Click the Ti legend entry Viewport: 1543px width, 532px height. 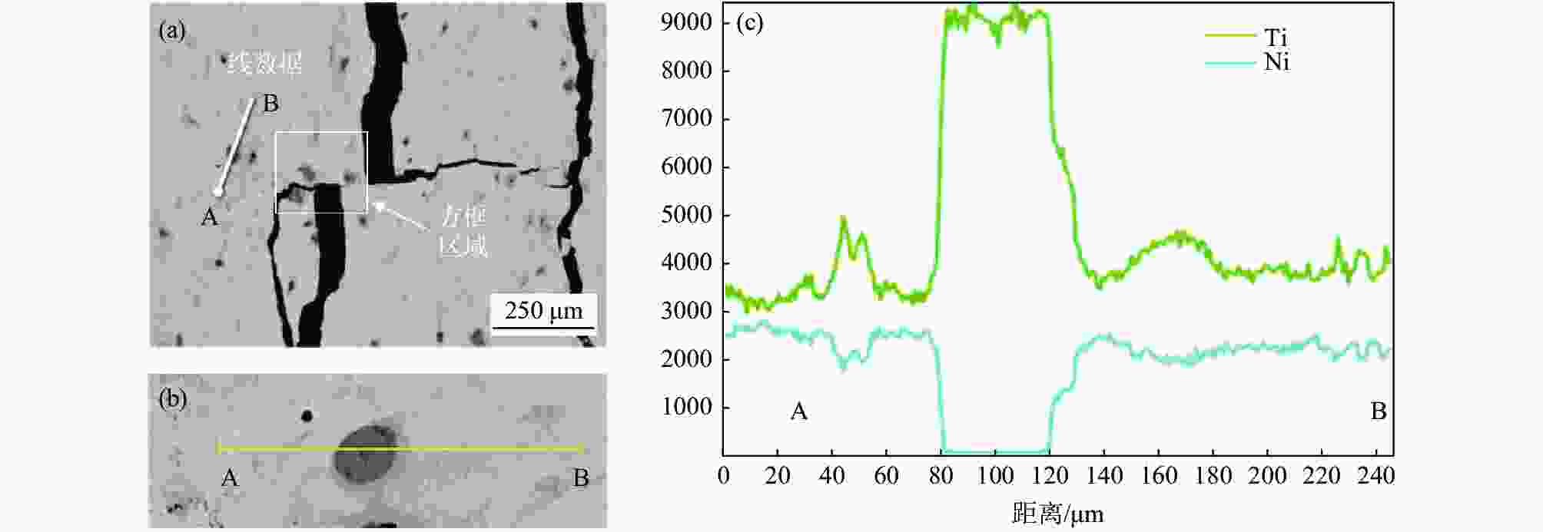1276,38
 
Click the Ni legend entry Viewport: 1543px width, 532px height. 1276,62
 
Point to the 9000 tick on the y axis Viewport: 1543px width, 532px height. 686,22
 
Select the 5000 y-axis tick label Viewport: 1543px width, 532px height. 686,215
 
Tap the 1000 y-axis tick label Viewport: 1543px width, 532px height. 686,407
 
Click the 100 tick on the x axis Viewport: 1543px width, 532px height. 995,476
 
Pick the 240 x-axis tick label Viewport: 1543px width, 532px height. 1375,476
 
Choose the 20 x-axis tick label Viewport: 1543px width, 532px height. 778,476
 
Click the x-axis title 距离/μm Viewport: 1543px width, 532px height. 1057,513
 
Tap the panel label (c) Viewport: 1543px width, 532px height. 749,22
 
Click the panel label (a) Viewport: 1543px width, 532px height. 172,31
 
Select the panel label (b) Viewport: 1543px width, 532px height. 172,398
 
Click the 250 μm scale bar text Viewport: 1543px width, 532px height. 543,311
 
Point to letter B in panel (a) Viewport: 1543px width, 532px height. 270,104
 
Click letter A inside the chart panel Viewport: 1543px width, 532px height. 799,412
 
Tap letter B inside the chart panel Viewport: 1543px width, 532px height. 1379,412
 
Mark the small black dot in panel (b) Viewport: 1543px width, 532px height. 307,416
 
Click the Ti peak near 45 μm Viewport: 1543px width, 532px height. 844,220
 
